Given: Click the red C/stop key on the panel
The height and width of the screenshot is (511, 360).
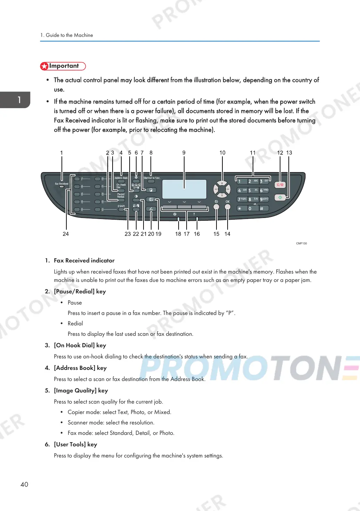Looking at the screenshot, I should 280,185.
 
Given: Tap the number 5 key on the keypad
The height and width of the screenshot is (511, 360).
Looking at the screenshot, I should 253,190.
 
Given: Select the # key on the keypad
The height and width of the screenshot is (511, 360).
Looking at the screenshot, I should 264,208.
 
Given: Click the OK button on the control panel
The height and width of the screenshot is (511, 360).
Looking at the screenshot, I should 228,207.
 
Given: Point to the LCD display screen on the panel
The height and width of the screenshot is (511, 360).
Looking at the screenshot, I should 184,189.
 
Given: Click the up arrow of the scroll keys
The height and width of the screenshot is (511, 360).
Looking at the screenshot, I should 222,183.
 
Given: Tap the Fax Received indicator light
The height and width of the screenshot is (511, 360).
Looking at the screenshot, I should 62,187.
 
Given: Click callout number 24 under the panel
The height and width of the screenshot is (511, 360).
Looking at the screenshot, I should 66,234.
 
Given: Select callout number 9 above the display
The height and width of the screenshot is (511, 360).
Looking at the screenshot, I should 184,153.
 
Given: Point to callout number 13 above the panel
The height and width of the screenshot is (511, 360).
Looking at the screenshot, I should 289,153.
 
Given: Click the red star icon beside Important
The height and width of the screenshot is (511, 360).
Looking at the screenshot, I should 44,66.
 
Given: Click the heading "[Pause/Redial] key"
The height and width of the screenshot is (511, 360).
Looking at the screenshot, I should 80,291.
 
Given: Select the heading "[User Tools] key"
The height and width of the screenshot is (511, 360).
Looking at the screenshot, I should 75,444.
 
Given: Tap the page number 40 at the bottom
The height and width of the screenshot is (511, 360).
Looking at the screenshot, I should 24,484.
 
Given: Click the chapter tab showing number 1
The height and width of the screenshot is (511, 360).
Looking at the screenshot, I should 19,100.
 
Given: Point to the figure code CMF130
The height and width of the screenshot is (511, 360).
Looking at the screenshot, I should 301,243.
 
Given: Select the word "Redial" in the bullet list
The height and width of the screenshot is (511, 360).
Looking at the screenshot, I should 75,323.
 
